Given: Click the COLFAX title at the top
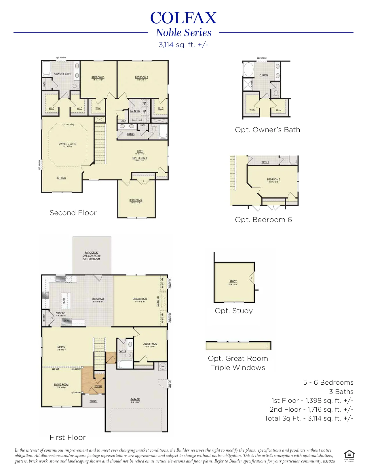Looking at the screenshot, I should [183, 18].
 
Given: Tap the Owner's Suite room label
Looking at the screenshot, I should [67, 144].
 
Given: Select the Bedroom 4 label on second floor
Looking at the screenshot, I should [136, 200].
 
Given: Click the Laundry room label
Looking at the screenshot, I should [135, 111].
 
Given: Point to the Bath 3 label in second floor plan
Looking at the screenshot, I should [131, 134].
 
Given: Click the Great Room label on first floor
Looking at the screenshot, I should [140, 299].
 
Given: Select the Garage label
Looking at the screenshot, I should [135, 399].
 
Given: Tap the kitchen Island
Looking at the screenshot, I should [66, 301].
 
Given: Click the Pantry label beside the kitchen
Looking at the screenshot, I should [44, 317].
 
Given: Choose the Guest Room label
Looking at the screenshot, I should [150, 344].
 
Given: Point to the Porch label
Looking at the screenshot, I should [93, 401].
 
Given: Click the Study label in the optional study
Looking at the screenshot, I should [233, 282].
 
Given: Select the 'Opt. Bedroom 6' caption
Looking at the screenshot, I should [263, 220].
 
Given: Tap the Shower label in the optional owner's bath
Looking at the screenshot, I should [252, 84].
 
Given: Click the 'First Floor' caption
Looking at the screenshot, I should [68, 437].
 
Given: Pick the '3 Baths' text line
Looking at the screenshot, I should [341, 392].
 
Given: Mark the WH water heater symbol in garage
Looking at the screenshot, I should [163, 366].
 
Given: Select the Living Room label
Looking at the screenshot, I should [61, 385].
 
